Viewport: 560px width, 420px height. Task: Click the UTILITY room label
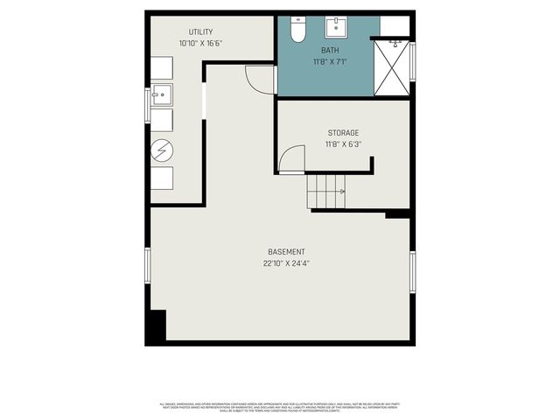pyautogui.click(x=200, y=32)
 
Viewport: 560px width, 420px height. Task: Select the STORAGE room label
pyautogui.click(x=343, y=133)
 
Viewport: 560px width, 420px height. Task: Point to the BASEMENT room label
pyautogui.click(x=286, y=252)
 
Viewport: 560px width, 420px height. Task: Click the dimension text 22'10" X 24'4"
pyautogui.click(x=286, y=262)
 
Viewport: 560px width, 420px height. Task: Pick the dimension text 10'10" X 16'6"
pyautogui.click(x=200, y=43)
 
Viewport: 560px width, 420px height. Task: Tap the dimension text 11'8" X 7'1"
pyautogui.click(x=329, y=62)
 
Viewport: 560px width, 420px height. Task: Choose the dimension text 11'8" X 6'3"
pyautogui.click(x=343, y=143)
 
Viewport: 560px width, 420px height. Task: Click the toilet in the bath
pyautogui.click(x=297, y=30)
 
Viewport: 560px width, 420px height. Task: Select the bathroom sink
pyautogui.click(x=337, y=26)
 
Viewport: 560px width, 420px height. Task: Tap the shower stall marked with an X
pyautogui.click(x=392, y=66)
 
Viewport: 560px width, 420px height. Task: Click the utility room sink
pyautogui.click(x=161, y=94)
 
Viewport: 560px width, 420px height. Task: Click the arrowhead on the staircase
pyautogui.click(x=342, y=191)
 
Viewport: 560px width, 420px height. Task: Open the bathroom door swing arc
pyautogui.click(x=261, y=80)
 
